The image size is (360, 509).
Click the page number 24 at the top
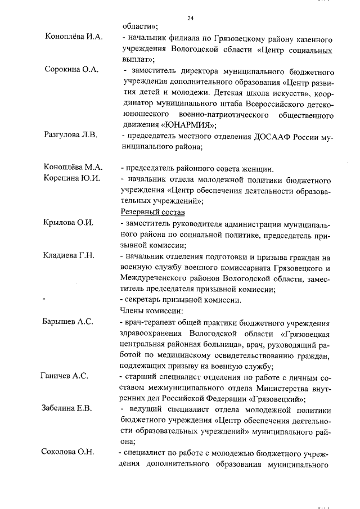point(190,19)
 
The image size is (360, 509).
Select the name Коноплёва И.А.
point(74,37)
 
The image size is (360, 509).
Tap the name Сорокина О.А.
point(71,70)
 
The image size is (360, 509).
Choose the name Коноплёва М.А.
point(73,168)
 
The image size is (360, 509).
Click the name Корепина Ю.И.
point(72,179)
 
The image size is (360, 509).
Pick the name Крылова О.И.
point(68,223)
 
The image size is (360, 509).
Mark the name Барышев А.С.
point(69,322)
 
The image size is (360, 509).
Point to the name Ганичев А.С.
point(64,376)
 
